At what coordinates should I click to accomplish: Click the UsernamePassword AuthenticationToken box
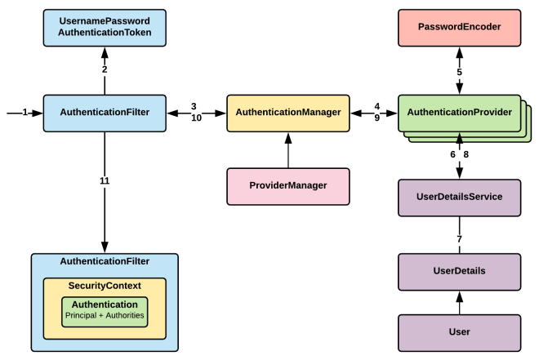105,27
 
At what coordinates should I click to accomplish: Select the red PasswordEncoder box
459,27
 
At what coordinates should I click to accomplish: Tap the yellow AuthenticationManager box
287,112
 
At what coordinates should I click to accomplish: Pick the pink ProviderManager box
287,185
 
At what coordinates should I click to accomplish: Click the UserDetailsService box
459,198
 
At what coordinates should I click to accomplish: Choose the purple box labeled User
459,331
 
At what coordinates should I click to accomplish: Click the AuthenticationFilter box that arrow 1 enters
105,112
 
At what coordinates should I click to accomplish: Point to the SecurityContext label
105,286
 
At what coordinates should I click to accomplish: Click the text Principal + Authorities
105,315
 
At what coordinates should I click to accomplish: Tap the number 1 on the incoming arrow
25,112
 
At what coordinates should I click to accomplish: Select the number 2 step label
105,69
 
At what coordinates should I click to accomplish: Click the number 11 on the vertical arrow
105,180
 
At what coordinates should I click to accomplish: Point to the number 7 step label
459,238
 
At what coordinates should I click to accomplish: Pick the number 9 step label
376,118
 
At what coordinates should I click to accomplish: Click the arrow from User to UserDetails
459,302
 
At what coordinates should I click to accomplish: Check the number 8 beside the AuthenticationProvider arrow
466,154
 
